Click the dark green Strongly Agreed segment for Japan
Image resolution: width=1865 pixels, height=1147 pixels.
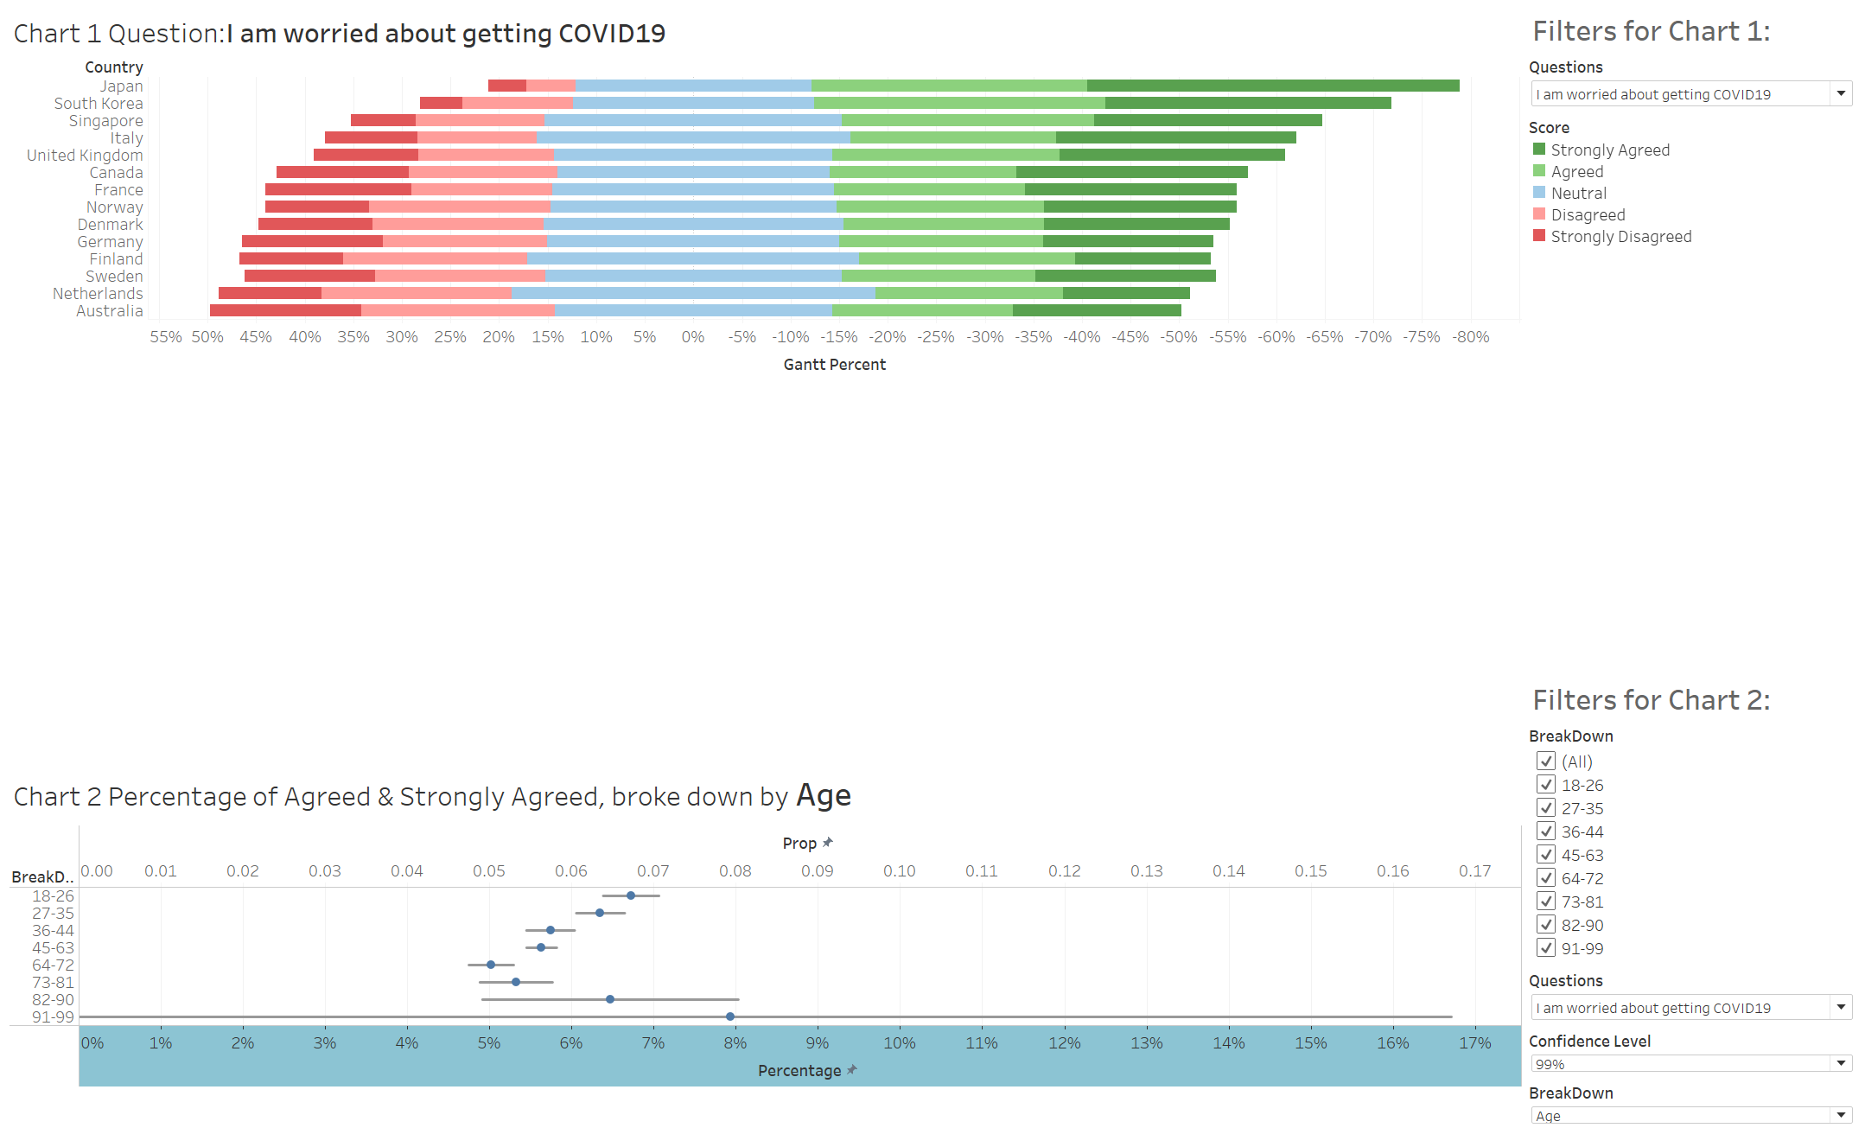1272,86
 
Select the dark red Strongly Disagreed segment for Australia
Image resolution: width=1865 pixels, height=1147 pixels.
285,310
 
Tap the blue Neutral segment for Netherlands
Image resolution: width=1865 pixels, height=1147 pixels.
693,293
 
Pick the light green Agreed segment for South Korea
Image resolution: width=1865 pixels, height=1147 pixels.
959,103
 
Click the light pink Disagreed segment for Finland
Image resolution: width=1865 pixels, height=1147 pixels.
435,258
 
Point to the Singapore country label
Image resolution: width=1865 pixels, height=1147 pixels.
106,121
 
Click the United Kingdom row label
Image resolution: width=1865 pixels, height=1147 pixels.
85,156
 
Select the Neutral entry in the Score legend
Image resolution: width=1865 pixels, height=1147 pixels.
1578,193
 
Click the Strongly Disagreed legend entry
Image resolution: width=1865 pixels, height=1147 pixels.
1620,236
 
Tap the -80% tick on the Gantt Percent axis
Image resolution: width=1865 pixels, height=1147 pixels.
1470,337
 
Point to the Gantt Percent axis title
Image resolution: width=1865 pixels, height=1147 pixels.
834,365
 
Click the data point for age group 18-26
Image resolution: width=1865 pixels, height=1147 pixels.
631,895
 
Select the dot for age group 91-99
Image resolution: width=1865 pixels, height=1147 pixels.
730,1016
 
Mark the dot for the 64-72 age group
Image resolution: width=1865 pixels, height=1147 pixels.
491,965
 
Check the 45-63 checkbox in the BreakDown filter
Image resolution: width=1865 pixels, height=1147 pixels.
1546,855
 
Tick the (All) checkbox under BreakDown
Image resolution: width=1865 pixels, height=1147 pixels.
1546,761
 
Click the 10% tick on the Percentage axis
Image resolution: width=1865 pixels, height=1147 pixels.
899,1043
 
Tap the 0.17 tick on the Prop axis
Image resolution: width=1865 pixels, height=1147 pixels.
1474,871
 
